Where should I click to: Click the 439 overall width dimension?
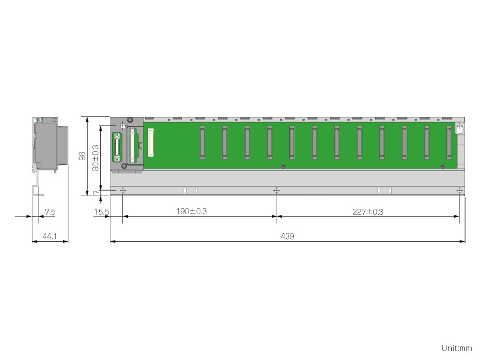tap(287, 236)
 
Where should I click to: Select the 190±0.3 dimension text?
tap(191, 211)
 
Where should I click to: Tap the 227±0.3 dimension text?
tap(368, 212)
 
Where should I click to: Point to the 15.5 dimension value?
tap(101, 212)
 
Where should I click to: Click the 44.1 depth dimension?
tap(50, 236)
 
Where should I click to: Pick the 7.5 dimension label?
tap(50, 212)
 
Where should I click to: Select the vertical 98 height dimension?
tap(82, 156)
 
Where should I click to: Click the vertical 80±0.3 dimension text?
tap(95, 158)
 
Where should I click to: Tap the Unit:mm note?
tap(457, 348)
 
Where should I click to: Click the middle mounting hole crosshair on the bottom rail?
tap(276, 191)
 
